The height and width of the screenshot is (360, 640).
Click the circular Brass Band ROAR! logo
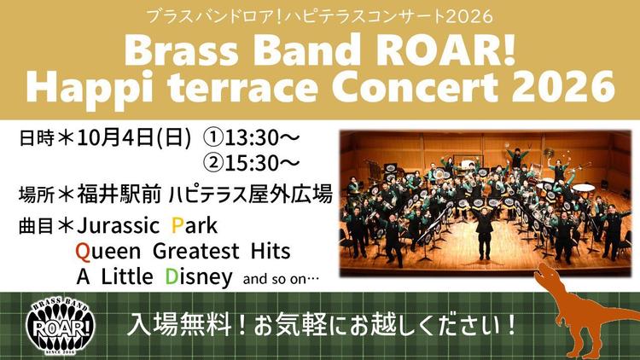(x=61, y=326)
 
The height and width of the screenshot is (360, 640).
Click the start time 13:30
(x=251, y=138)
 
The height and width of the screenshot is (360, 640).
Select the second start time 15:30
(x=251, y=163)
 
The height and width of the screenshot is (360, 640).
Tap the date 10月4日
(x=114, y=138)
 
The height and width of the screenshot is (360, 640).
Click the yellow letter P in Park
(x=177, y=226)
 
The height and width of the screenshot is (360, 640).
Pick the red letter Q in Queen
(x=83, y=252)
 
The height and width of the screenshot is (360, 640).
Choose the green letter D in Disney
(x=172, y=276)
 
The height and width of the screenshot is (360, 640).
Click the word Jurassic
(x=119, y=226)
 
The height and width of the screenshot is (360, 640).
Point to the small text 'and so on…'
(x=281, y=280)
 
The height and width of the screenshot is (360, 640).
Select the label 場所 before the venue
(x=36, y=195)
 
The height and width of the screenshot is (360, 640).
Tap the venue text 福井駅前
(x=119, y=194)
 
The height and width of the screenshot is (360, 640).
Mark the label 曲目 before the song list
(x=36, y=227)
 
